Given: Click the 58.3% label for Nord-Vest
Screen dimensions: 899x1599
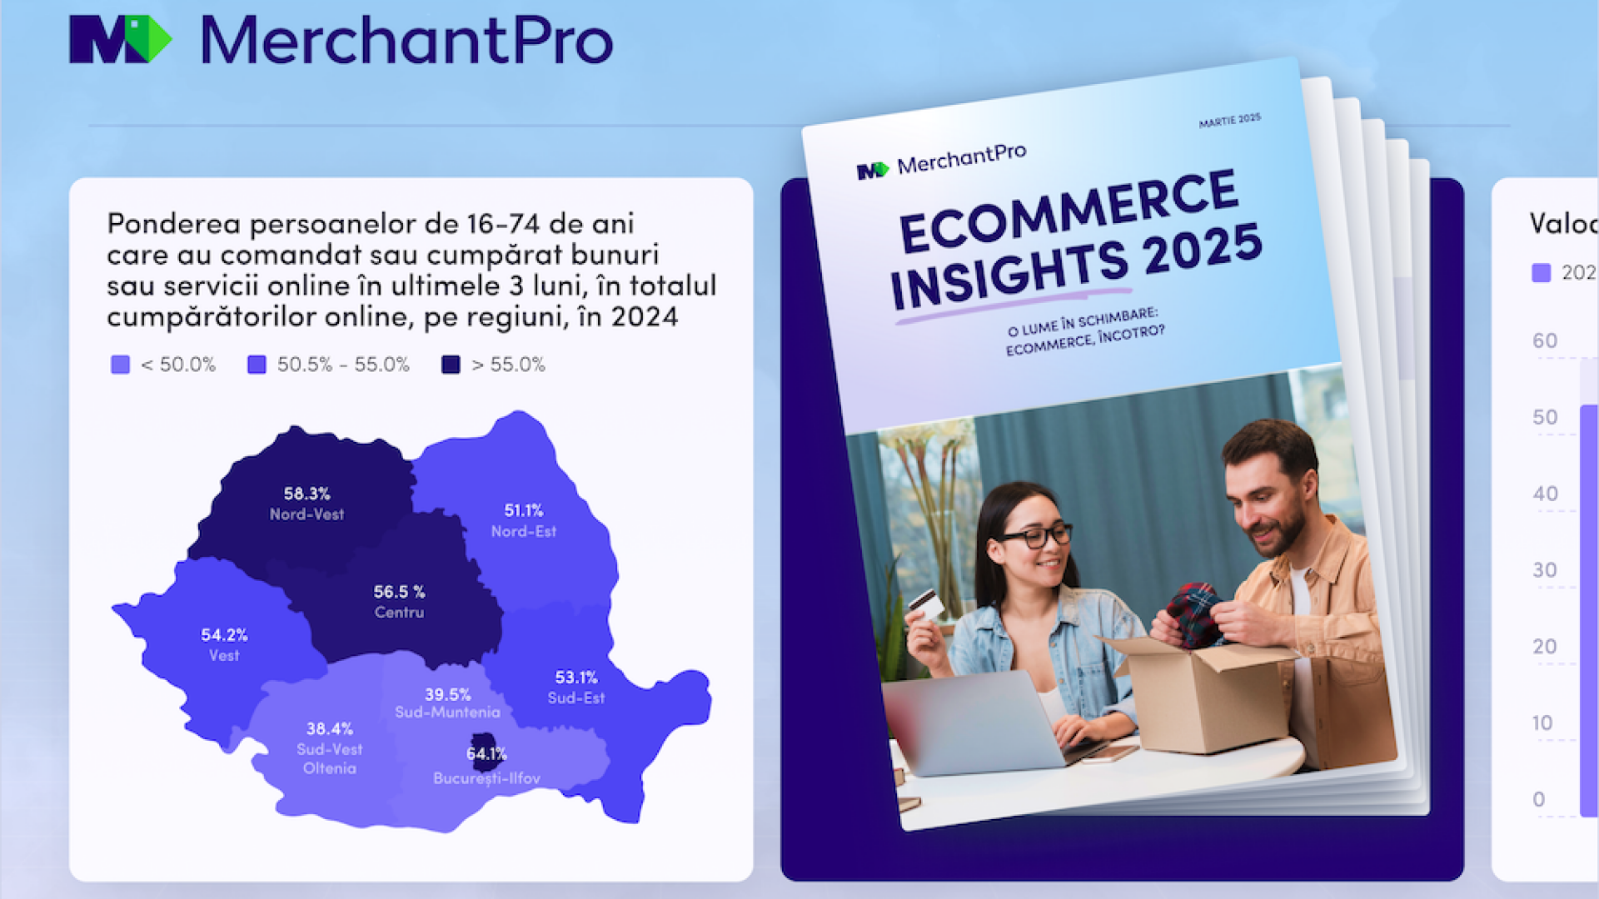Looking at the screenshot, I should coord(306,494).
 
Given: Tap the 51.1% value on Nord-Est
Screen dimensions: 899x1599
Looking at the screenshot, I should coord(523,510).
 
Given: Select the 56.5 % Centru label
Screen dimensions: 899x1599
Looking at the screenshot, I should coord(399,592).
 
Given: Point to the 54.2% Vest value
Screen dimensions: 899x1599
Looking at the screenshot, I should coord(224,635).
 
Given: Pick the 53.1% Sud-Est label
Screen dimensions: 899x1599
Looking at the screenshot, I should coord(576,678).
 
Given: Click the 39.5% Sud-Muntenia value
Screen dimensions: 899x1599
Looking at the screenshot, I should coord(448,694).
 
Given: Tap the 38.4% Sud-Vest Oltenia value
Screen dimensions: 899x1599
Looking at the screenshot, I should coord(330,729).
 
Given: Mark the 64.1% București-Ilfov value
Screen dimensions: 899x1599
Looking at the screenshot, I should coord(486,754).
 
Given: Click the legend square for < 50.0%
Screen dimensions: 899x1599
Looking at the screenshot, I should coord(121,365).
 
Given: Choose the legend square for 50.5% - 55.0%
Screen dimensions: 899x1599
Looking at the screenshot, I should coord(257,365).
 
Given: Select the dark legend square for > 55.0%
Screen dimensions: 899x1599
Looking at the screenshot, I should coord(451,365).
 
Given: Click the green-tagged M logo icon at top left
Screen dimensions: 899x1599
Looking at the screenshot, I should coord(120,39).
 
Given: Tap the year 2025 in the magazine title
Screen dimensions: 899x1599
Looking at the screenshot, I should coord(1203,250).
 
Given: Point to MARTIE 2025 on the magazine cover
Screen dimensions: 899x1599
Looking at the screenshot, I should coord(1229,121).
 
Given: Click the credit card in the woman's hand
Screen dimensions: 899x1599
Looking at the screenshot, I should coord(924,602).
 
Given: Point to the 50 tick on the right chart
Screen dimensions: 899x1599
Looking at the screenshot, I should coord(1545,417).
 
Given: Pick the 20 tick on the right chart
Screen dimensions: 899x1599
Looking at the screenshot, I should coord(1545,647).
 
